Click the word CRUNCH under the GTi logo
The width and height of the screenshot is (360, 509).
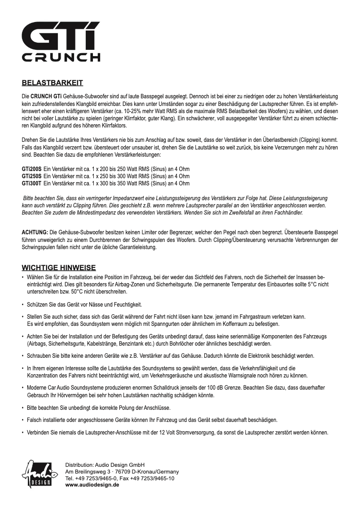61,57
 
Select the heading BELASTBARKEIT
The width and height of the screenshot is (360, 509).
52,83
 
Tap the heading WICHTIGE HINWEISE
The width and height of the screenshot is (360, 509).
59,268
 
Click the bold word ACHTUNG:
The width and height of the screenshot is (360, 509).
35,232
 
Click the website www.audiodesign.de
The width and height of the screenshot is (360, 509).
92,485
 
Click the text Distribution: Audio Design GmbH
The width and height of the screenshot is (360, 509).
105,465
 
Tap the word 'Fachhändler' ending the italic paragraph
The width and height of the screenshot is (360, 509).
289,211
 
